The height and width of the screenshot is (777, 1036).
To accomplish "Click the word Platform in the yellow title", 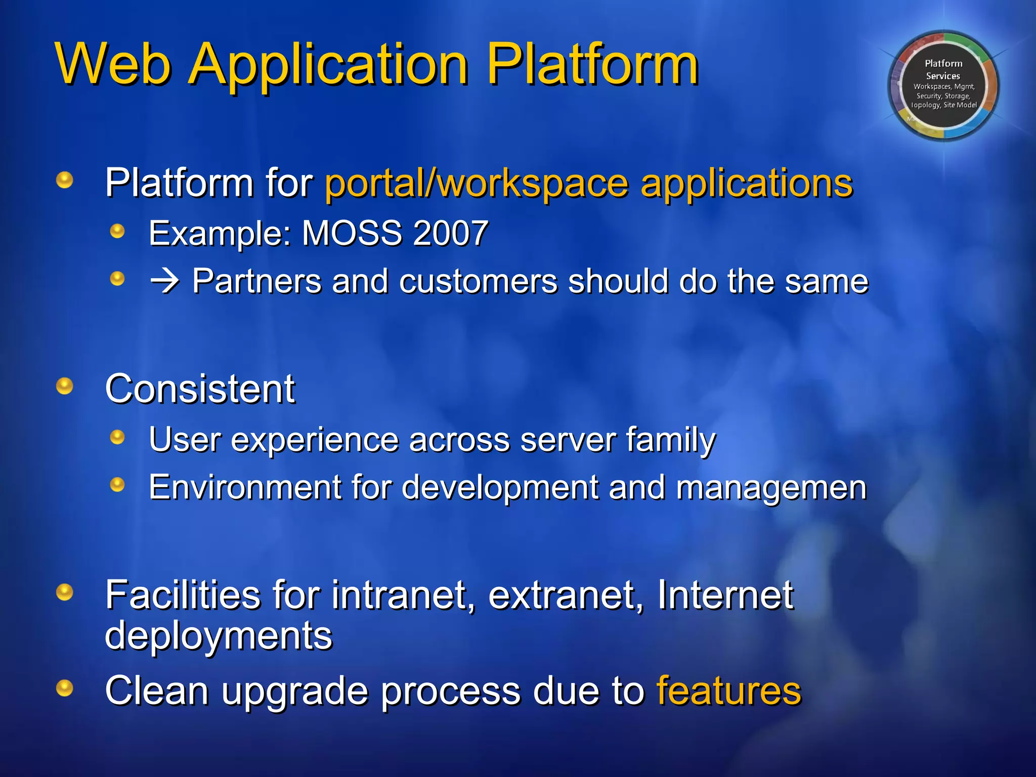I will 592,64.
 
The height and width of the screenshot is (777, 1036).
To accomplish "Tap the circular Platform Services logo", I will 943,85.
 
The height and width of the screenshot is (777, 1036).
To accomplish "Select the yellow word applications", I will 747,183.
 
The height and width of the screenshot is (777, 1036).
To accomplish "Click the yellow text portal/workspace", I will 476,183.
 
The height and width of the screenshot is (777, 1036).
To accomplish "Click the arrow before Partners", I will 165,281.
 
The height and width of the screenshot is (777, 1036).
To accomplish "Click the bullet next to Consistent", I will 65,386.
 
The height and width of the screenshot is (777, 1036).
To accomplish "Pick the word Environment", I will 245,487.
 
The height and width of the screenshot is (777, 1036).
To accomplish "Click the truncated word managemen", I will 771,487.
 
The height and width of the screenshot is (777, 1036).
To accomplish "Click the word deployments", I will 219,635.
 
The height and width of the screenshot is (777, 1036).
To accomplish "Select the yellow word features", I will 728,690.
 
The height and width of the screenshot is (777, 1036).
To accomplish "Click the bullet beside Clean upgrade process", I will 65,688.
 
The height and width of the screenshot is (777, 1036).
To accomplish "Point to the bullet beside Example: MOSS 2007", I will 117,232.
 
